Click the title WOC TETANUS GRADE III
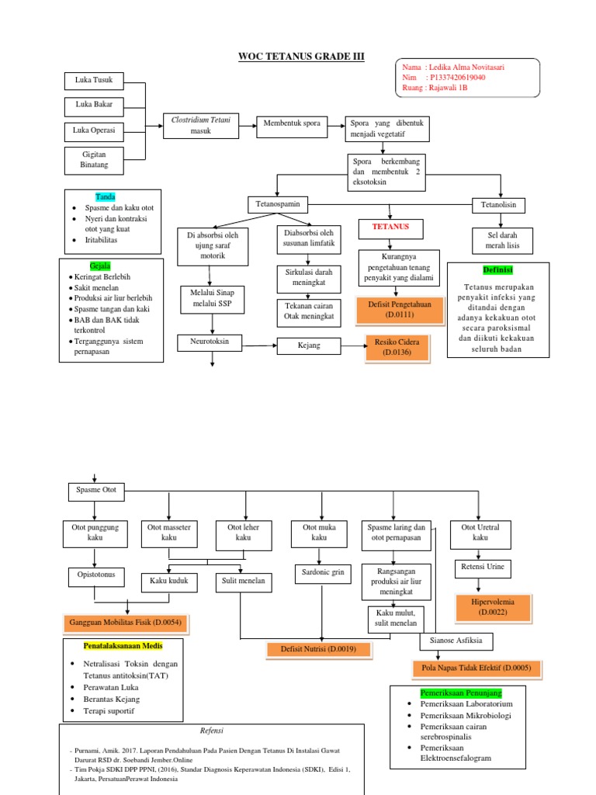[x=300, y=57]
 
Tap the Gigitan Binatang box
[x=94, y=159]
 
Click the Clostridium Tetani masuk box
[x=200, y=125]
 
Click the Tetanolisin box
[x=499, y=205]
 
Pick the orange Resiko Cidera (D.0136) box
[x=397, y=347]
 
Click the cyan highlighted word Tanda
[x=106, y=196]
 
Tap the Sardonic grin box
[x=321, y=575]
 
